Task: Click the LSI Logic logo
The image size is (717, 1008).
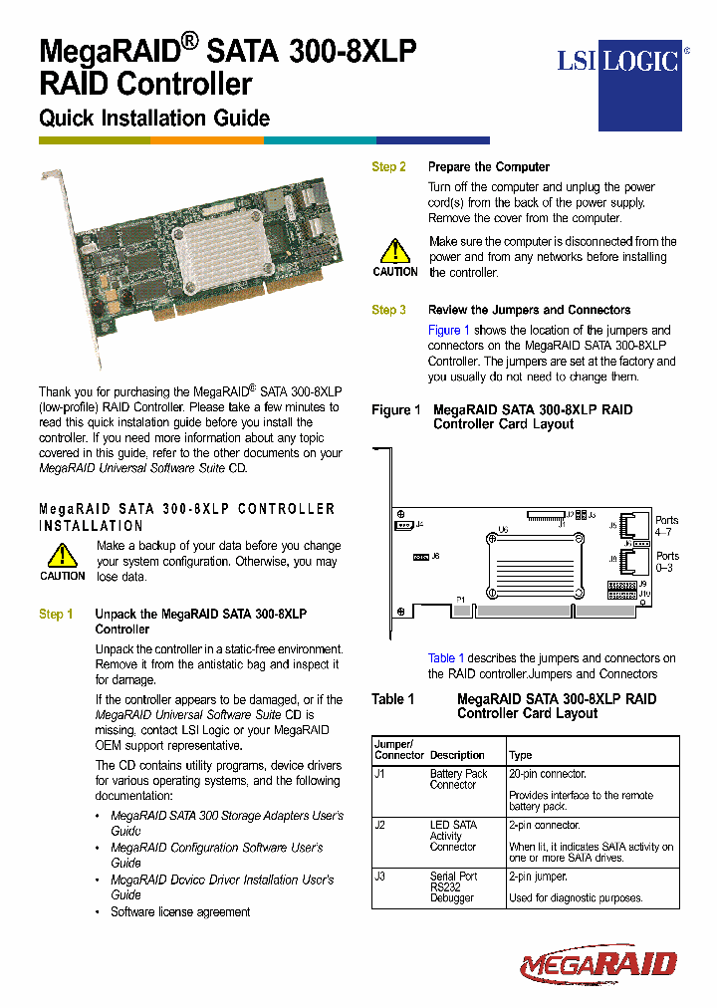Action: pos(618,62)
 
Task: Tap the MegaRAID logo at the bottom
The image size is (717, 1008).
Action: pos(598,963)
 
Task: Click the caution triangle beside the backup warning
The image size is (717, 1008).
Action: pos(62,555)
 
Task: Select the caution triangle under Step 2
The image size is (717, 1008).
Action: pos(395,251)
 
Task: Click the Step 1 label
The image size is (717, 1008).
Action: pos(56,615)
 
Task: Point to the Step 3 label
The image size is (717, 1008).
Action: pos(388,310)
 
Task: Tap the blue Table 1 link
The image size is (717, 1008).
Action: pos(446,658)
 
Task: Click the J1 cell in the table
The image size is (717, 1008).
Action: pos(379,774)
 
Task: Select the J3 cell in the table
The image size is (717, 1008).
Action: pos(379,877)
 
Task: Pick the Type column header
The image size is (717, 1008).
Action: pos(520,755)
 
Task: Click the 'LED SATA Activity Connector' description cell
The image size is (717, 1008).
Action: pos(453,836)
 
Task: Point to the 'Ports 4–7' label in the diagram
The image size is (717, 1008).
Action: pos(666,526)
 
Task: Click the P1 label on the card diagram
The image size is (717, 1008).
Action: pos(461,599)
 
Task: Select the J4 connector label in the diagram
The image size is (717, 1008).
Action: pos(419,524)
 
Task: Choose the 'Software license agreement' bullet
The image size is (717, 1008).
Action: pos(180,911)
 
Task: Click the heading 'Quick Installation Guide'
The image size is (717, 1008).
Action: pos(154,118)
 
